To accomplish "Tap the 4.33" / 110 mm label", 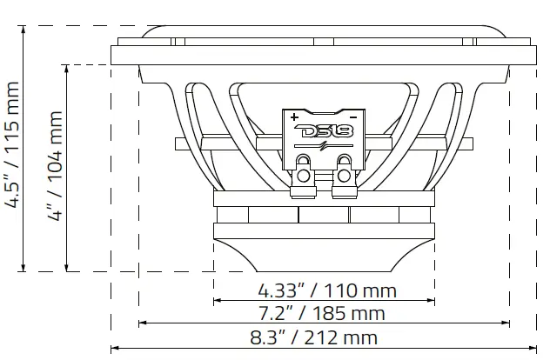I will [326, 290].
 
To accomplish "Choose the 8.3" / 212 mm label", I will [326, 337].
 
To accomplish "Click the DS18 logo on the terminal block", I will [324, 133].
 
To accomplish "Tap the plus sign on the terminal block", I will [294, 116].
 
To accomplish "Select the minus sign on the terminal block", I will [353, 116].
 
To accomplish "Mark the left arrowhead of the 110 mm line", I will [217, 302].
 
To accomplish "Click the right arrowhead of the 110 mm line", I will [431, 302].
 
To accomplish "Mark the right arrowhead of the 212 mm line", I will [534, 349].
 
